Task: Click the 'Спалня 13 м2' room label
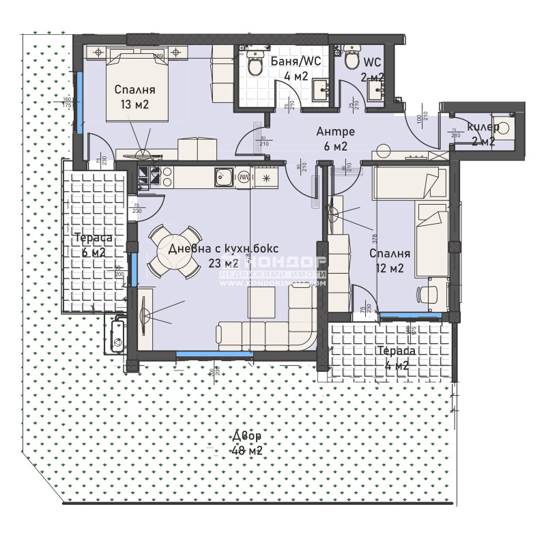(134, 97)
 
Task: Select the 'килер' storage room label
(483, 127)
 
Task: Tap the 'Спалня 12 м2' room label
(390, 261)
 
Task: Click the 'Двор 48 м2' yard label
(246, 443)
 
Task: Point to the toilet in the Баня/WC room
(255, 65)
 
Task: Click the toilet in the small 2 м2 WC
(351, 60)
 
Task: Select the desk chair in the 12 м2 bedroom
(427, 294)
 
